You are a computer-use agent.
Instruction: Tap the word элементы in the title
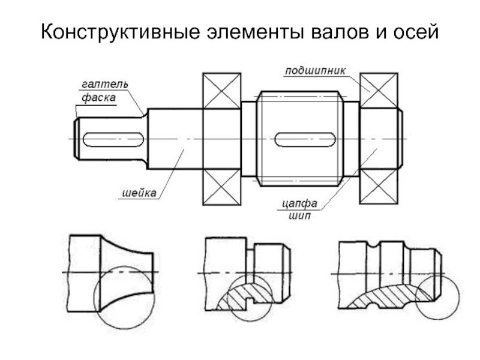click(x=256, y=32)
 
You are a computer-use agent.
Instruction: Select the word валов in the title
click(x=340, y=32)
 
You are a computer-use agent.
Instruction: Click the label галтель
click(x=104, y=84)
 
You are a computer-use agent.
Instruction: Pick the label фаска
click(x=98, y=98)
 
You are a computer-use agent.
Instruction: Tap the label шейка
click(x=139, y=193)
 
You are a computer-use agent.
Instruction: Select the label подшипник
click(x=315, y=71)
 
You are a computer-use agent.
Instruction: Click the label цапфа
click(x=299, y=203)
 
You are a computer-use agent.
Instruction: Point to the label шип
click(x=299, y=216)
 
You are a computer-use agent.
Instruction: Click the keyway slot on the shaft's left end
click(x=113, y=140)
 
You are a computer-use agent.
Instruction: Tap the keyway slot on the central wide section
click(x=305, y=140)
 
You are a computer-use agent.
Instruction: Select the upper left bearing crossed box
click(x=222, y=91)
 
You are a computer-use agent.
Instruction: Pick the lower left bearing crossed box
click(x=222, y=187)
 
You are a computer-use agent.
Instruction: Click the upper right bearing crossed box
click(x=379, y=91)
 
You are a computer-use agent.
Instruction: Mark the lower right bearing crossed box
click(x=379, y=186)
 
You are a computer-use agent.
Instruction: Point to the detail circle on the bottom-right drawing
click(x=416, y=297)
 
